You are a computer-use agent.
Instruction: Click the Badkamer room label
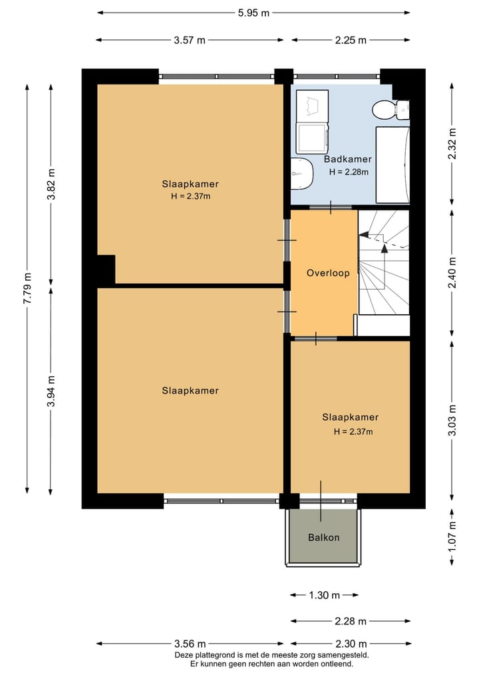pyautogui.click(x=347, y=159)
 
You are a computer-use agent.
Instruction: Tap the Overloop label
pyautogui.click(x=328, y=273)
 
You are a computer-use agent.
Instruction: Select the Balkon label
pyautogui.click(x=323, y=538)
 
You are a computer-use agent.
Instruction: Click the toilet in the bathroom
pyautogui.click(x=391, y=109)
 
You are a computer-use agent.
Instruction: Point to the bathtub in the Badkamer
pyautogui.click(x=393, y=164)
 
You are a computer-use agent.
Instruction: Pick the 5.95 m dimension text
pyautogui.click(x=253, y=13)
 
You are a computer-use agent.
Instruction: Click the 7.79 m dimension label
pyautogui.click(x=27, y=288)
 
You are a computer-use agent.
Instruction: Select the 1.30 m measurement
pyautogui.click(x=325, y=595)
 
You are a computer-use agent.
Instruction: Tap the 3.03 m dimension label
pyautogui.click(x=452, y=419)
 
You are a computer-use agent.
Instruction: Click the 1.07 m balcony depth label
pyautogui.click(x=452, y=536)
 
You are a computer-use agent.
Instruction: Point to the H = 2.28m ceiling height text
pyautogui.click(x=349, y=172)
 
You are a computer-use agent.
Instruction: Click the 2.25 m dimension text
pyautogui.click(x=351, y=40)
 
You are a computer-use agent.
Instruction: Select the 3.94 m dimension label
pyautogui.click(x=51, y=391)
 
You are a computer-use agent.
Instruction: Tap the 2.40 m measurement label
pyautogui.click(x=452, y=273)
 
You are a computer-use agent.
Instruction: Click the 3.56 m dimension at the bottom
pyautogui.click(x=190, y=644)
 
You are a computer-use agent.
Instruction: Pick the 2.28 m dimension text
pyautogui.click(x=351, y=621)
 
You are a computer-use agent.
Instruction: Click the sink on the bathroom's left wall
pyautogui.click(x=301, y=174)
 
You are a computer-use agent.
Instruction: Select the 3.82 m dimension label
pyautogui.click(x=51, y=184)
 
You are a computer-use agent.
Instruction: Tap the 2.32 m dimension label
pyautogui.click(x=452, y=144)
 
